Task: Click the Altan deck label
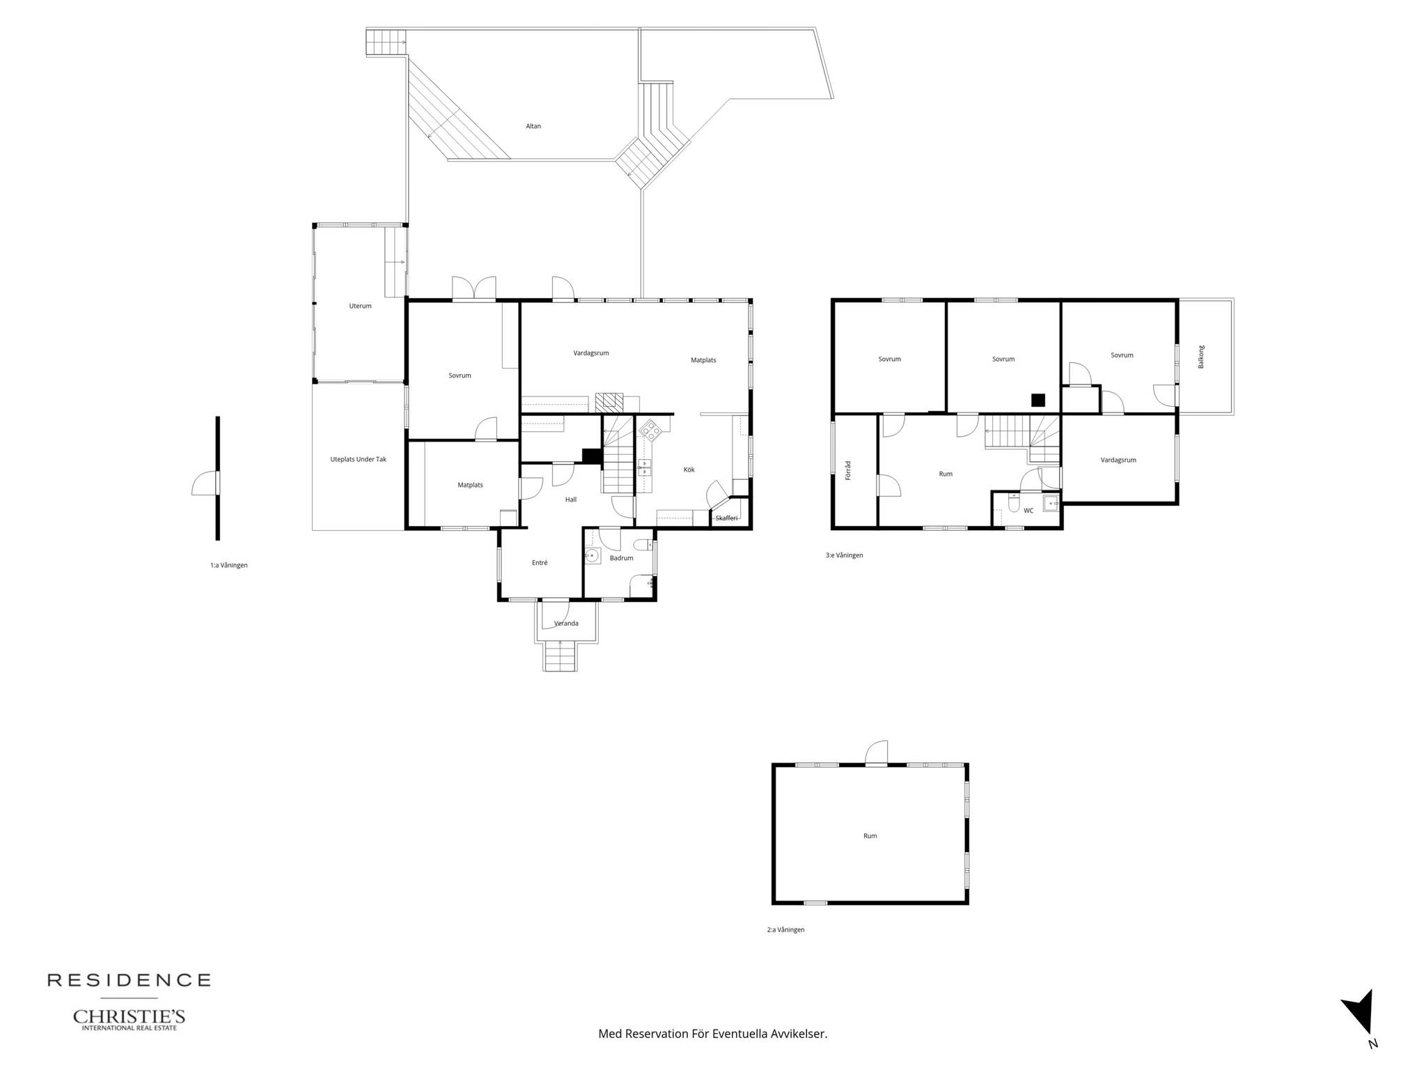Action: tap(533, 126)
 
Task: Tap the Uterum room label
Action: tap(361, 306)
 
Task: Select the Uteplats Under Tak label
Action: tap(358, 460)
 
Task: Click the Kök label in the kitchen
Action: tap(689, 470)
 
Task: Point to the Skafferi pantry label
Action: tap(727, 518)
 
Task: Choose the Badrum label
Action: tap(622, 558)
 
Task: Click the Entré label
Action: tap(540, 562)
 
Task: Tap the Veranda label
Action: tap(566, 623)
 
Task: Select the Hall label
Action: tap(571, 499)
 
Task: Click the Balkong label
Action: tap(1201, 357)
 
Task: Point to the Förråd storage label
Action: tap(848, 470)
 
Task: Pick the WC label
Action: tap(1028, 511)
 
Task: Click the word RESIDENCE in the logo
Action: tap(129, 980)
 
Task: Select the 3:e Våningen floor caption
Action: tap(845, 555)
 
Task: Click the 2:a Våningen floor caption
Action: tap(786, 929)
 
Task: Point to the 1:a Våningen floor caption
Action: tap(229, 565)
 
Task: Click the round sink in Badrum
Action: tap(593, 555)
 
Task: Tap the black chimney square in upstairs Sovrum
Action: tap(1039, 400)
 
